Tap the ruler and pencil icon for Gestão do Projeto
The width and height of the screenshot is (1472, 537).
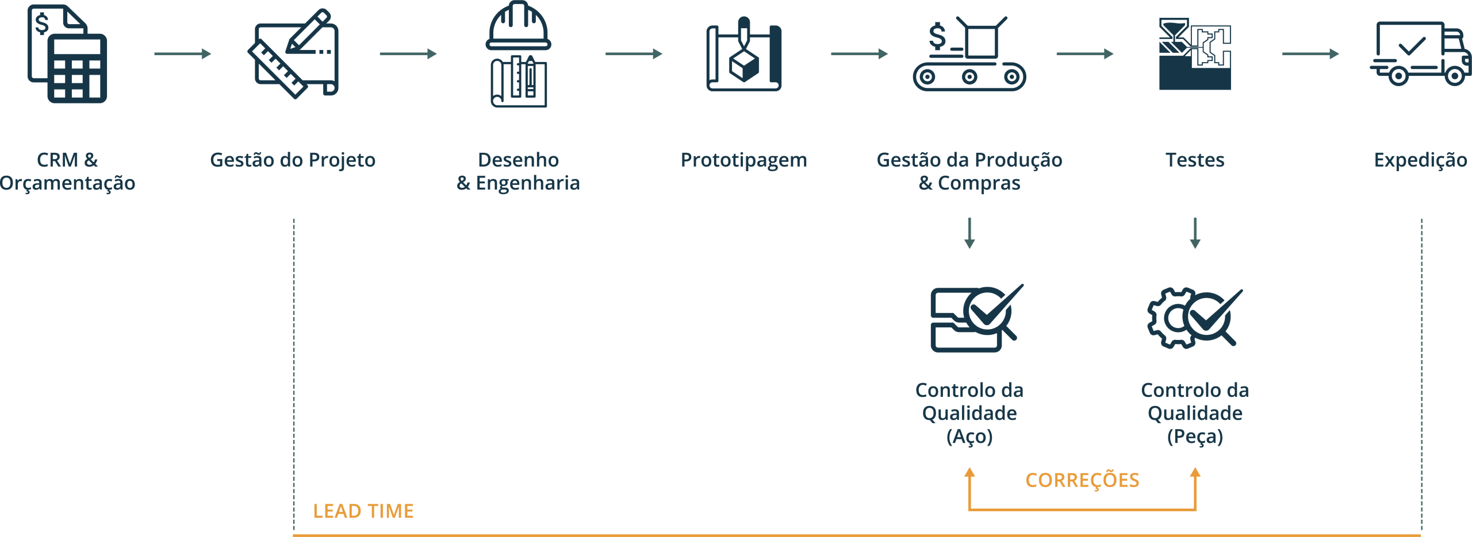click(x=293, y=54)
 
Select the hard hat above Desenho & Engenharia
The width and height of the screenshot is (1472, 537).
click(x=518, y=28)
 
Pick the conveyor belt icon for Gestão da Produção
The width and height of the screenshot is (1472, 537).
click(x=969, y=54)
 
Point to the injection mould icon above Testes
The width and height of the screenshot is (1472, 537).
click(x=1195, y=54)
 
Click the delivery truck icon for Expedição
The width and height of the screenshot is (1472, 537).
click(x=1419, y=54)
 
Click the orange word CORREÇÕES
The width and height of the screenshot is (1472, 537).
click(x=1082, y=480)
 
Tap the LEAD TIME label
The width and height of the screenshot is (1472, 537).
click(x=363, y=511)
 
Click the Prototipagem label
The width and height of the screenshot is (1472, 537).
click(x=744, y=160)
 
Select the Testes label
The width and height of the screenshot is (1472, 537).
click(x=1195, y=160)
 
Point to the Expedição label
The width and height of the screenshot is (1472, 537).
click(x=1420, y=160)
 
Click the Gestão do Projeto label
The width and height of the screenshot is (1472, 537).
click(x=293, y=160)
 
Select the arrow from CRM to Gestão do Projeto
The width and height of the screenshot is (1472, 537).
click(x=182, y=55)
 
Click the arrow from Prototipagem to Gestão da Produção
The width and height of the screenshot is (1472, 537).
click(x=860, y=55)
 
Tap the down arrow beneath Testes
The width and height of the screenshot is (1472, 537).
click(x=1195, y=233)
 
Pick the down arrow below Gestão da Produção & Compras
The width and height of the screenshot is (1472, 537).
click(x=969, y=233)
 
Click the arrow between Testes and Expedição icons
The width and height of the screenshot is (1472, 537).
click(x=1310, y=55)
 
